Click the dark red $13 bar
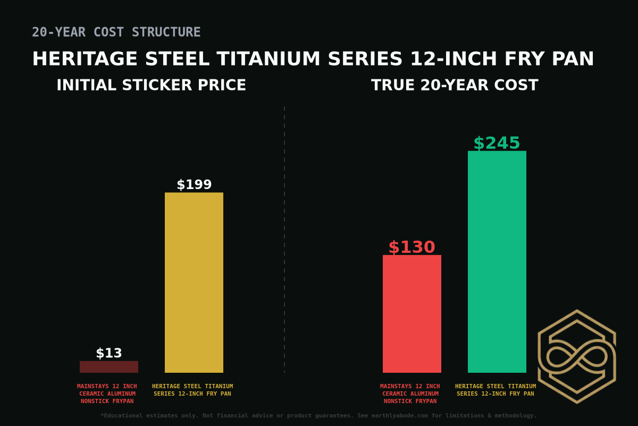[x=109, y=367]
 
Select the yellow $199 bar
[x=194, y=282]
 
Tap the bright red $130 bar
[x=412, y=314]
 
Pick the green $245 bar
[x=497, y=261]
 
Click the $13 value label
[x=109, y=353]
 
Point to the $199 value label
[x=194, y=185]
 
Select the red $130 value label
[x=412, y=247]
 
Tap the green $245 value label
[x=497, y=143]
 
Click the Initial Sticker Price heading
[x=151, y=85]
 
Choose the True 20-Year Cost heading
[x=455, y=85]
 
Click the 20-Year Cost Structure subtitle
[x=116, y=32]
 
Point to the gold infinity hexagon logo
[x=577, y=356]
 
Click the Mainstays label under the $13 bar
[x=107, y=394]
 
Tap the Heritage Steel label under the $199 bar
[x=192, y=390]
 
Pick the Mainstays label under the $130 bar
[x=410, y=394]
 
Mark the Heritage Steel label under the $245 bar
[x=496, y=390]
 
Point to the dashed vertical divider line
[x=284, y=240]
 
